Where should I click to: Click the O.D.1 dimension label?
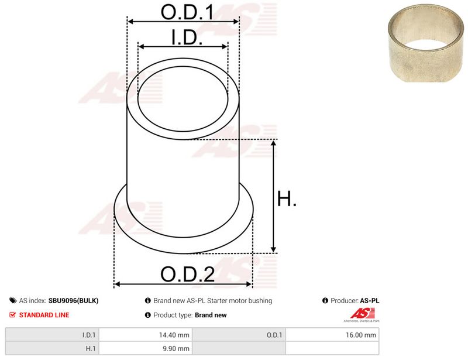187,12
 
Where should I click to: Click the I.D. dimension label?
187,37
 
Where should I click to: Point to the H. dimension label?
287,198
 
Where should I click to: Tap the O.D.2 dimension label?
187,274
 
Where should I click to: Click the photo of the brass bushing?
426,43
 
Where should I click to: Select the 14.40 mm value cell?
146,335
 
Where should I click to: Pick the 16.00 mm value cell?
332,335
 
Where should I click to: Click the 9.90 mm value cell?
146,348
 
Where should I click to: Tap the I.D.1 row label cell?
52,335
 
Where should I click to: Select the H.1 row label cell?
52,348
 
